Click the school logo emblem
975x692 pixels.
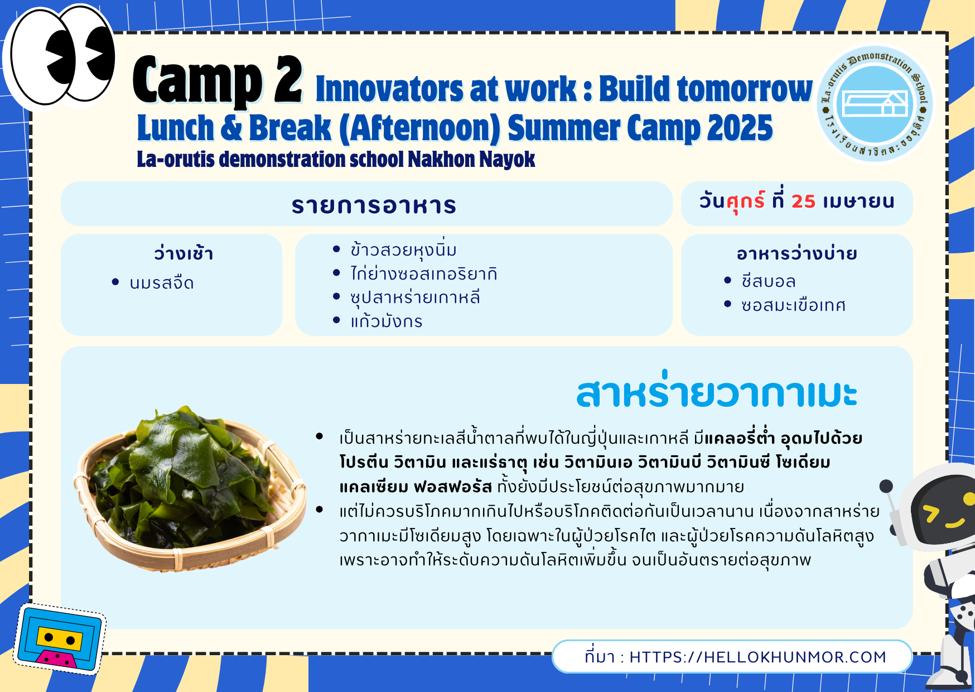[x=875, y=104]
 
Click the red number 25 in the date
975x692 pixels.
[x=803, y=201]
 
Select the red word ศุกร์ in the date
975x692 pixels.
[x=746, y=201]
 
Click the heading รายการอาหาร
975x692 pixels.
[x=374, y=205]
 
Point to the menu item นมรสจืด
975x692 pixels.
[x=162, y=283]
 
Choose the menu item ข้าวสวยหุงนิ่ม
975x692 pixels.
[x=403, y=249]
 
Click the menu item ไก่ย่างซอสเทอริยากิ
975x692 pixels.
[x=424, y=273]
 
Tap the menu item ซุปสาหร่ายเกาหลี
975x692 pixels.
[x=415, y=297]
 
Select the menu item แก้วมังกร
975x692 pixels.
[x=387, y=321]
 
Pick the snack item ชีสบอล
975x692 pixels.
[x=768, y=281]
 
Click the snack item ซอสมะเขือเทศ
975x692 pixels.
[x=793, y=305]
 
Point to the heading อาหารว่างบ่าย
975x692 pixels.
[x=797, y=254]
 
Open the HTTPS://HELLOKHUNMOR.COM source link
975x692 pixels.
[x=757, y=657]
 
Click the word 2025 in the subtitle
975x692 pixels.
[x=740, y=128]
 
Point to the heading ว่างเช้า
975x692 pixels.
[x=184, y=254]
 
